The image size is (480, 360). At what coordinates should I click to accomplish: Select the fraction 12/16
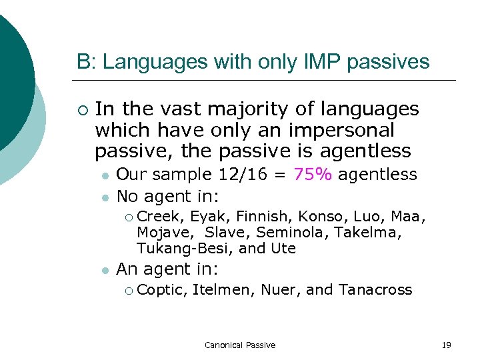(246, 175)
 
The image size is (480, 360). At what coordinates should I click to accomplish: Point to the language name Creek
(161, 216)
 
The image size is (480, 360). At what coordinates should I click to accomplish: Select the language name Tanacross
(375, 289)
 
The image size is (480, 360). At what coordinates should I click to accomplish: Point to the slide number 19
(446, 345)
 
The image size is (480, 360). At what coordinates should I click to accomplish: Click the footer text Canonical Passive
(240, 345)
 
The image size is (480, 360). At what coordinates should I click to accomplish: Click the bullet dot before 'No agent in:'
(105, 197)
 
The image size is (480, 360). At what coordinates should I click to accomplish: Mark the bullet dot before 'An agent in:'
(105, 271)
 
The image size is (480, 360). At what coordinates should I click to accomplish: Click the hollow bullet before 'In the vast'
(81, 109)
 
